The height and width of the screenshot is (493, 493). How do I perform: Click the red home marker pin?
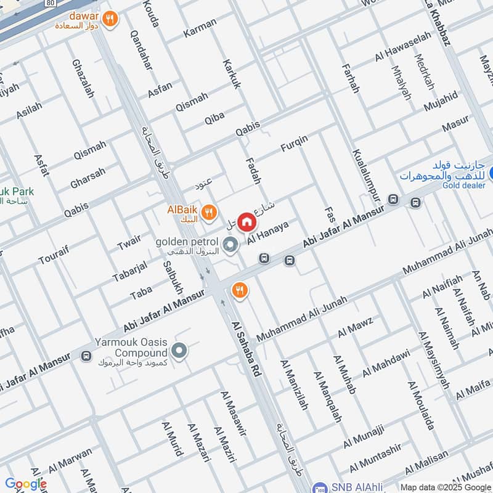click(246, 221)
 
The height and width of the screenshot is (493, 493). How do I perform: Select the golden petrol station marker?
click(230, 246)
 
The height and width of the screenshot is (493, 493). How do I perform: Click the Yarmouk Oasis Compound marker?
click(179, 351)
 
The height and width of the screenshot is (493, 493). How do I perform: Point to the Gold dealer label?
click(463, 185)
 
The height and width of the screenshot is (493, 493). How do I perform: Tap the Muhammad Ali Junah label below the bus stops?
click(301, 319)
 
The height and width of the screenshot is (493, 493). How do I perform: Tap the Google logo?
click(25, 484)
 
